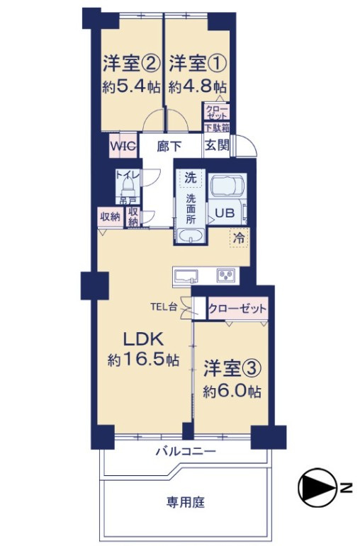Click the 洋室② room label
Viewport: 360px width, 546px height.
click(x=132, y=64)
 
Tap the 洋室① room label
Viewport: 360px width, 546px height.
click(x=198, y=64)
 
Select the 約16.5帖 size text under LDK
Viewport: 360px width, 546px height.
click(x=144, y=360)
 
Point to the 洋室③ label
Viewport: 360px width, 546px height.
click(x=232, y=369)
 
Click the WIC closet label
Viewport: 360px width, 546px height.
click(x=123, y=147)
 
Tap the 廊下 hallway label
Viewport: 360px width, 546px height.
click(x=169, y=147)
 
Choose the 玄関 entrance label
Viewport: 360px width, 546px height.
click(x=217, y=145)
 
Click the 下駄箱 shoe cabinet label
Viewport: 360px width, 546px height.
click(x=216, y=127)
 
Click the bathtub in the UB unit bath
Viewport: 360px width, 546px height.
click(x=227, y=186)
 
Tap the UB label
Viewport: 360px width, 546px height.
click(x=225, y=212)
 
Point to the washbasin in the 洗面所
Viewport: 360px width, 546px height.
click(x=191, y=236)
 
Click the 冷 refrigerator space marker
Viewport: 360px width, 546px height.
click(x=239, y=238)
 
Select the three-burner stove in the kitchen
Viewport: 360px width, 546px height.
click(x=226, y=275)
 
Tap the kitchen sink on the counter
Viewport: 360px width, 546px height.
click(x=186, y=276)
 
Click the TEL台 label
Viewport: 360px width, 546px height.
click(x=164, y=307)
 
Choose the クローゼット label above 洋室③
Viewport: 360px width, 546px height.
click(x=237, y=308)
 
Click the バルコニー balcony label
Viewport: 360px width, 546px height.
click(x=186, y=452)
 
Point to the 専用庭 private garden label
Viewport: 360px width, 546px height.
click(x=186, y=502)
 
